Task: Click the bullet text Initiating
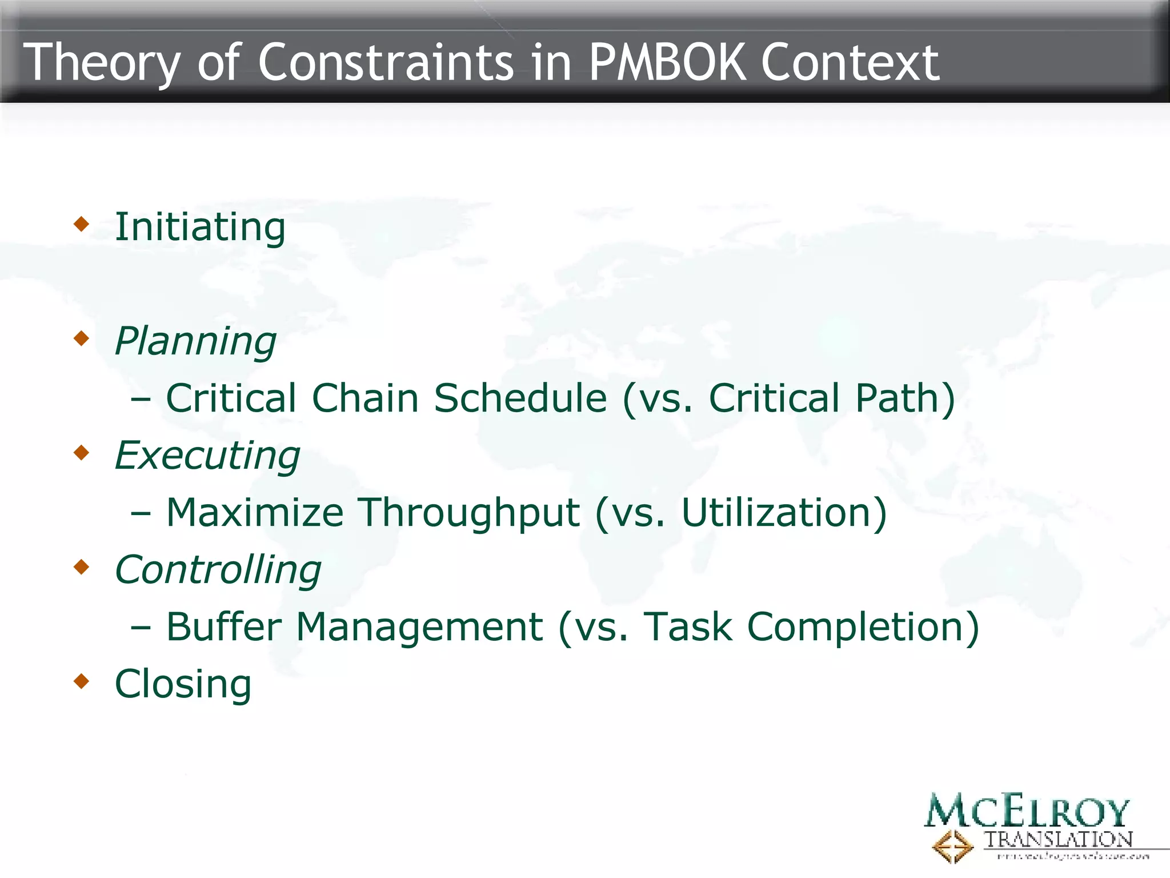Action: [x=200, y=228]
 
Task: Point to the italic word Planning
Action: [x=195, y=342]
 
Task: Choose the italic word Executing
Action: [x=207, y=456]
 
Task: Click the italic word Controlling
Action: [x=218, y=570]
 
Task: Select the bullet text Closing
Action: [x=183, y=684]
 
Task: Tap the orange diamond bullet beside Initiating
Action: [x=82, y=224]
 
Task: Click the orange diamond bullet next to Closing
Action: [x=82, y=681]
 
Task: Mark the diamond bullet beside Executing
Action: [x=82, y=452]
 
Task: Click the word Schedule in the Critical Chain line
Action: [x=520, y=398]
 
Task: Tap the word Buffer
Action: [x=223, y=627]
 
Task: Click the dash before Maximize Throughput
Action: [x=141, y=513]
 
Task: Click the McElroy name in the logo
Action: [x=1027, y=811]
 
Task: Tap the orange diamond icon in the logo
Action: [x=952, y=847]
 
